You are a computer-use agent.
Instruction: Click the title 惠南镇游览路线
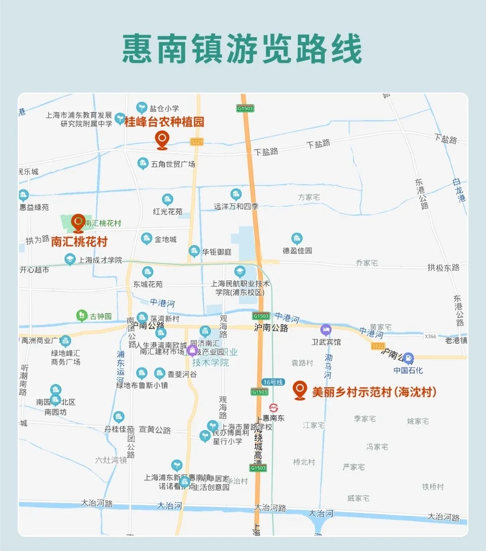[x=242, y=49]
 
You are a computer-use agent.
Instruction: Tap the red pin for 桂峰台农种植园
[x=162, y=140]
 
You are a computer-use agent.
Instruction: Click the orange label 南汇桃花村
[x=79, y=242]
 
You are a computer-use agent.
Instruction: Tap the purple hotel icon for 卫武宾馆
[x=326, y=330]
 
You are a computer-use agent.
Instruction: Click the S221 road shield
[x=197, y=142]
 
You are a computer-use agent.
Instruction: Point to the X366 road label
[x=430, y=337]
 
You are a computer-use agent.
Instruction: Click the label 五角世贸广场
[x=173, y=164]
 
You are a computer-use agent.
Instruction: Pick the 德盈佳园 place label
[x=297, y=251]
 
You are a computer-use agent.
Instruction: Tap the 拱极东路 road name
[x=443, y=268]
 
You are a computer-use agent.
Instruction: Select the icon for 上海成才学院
[x=70, y=259]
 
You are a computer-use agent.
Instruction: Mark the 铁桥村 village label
[x=433, y=487]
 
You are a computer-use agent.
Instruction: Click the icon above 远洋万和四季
[x=236, y=194]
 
